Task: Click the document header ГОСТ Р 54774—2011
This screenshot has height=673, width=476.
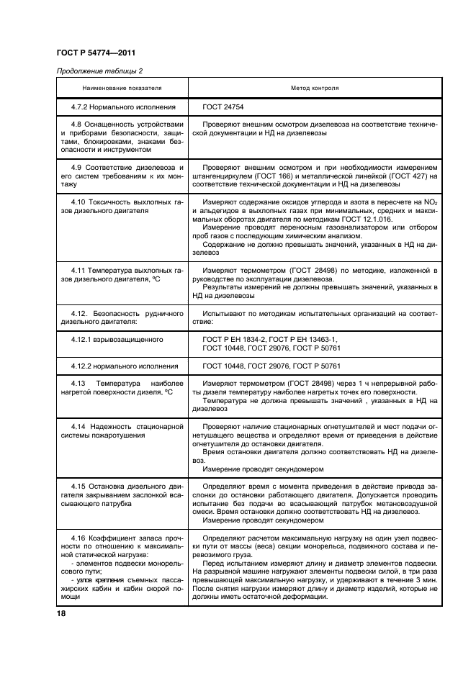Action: (x=95, y=54)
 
